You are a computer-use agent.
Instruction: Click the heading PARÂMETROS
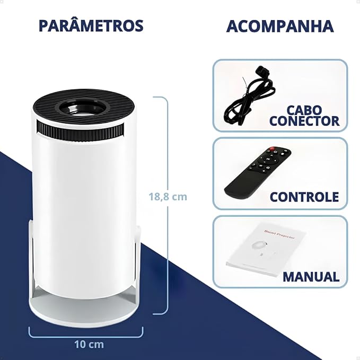click(x=91, y=26)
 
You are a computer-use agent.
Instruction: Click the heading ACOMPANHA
click(x=280, y=26)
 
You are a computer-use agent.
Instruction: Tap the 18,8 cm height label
click(x=168, y=197)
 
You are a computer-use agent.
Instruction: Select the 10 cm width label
click(x=89, y=344)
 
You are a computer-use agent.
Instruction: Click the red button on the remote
click(x=272, y=149)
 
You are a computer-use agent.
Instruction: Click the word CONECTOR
click(x=304, y=121)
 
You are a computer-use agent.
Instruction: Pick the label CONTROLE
click(x=304, y=197)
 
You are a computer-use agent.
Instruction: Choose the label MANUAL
click(x=311, y=276)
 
